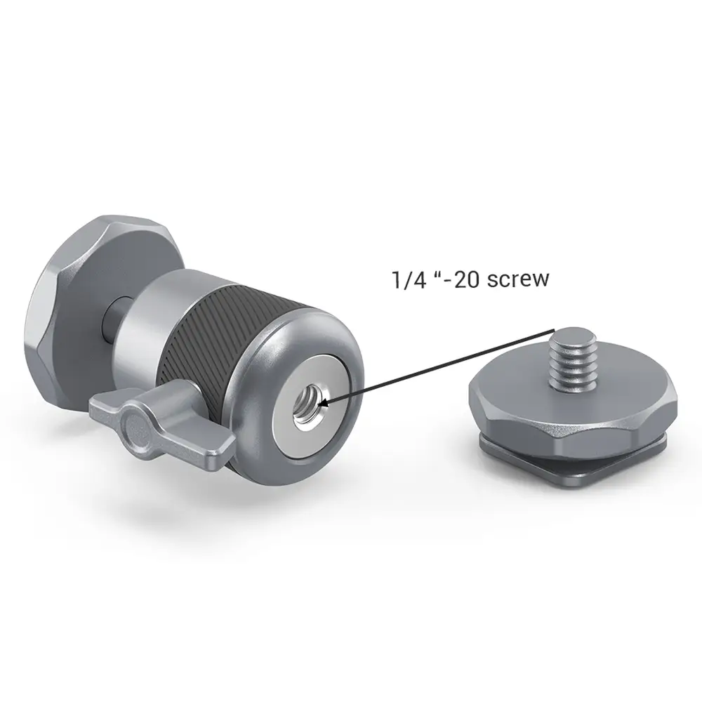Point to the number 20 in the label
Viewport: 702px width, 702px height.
[x=467, y=280]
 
